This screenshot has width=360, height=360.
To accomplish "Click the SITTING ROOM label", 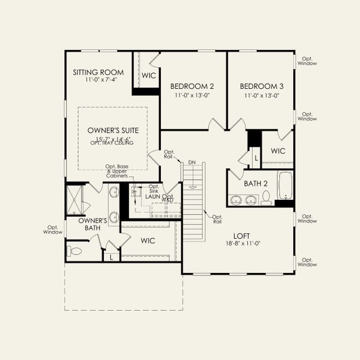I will point(98,72).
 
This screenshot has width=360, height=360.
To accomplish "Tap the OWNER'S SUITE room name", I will point(113,130).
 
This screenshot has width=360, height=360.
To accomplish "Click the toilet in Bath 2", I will point(266,199).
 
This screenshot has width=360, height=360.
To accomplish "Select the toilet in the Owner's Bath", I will point(74,251).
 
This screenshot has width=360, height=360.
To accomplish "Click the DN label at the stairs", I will point(191,163).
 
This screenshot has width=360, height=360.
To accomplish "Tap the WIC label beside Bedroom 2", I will point(148,76).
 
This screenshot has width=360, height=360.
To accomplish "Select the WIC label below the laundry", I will point(148,241).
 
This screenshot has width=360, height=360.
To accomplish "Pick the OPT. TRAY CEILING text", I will point(113,143).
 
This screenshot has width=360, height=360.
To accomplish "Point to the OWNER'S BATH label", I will point(93,224).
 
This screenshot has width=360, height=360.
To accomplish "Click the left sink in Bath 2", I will point(236,199).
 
